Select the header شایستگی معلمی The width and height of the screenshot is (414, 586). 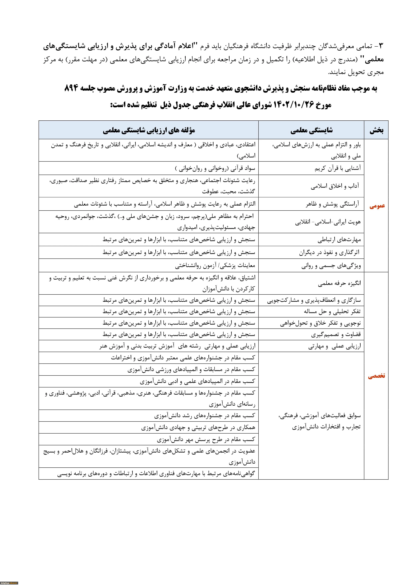312,131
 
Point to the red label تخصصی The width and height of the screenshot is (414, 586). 376,376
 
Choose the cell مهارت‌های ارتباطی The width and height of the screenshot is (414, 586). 339,240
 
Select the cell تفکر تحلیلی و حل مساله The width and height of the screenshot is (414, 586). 332,312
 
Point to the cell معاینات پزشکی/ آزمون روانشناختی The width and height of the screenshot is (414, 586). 215,266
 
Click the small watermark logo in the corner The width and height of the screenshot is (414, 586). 9,583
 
